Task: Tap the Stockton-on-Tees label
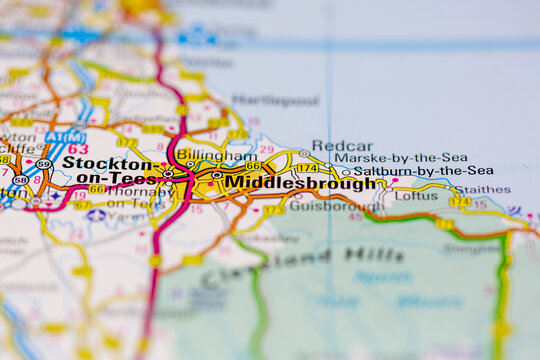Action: coord(107,170)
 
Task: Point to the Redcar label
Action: coord(341,146)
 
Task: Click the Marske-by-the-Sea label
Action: coord(400,158)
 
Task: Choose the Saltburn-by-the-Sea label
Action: coord(423,171)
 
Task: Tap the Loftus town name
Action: coord(416,196)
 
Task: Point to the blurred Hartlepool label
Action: coord(274,101)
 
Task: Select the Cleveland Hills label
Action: coord(303,263)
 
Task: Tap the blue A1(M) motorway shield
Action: coord(65,137)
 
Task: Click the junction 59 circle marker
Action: coord(43,164)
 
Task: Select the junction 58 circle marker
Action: coord(21,180)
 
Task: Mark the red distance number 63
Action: coord(77,149)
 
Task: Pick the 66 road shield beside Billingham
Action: coord(253,166)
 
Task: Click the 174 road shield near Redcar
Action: coord(307,168)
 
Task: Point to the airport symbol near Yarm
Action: coord(96,214)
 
